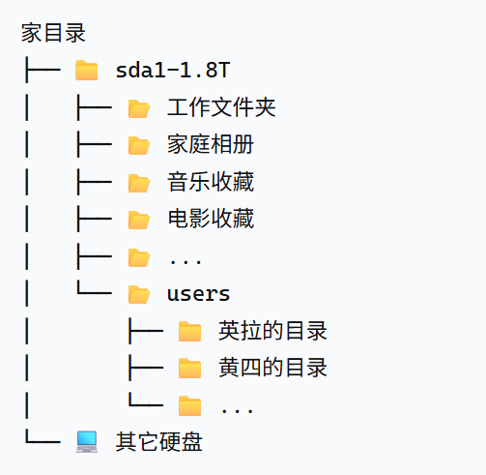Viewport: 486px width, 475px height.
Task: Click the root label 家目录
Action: coord(54,34)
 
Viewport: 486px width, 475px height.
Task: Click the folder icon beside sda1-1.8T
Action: coord(87,71)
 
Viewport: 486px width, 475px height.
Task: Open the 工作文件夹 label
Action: coord(221,107)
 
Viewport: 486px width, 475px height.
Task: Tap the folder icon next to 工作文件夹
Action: coord(139,107)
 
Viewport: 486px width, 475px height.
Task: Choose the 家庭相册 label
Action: coord(211,145)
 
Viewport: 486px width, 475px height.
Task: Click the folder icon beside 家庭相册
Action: coord(139,145)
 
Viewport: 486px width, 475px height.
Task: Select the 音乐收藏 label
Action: coord(211,182)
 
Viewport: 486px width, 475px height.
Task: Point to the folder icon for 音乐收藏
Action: coord(139,182)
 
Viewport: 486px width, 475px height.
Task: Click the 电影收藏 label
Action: coord(211,219)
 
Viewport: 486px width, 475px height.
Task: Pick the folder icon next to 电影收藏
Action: coord(139,220)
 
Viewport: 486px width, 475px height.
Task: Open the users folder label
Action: coord(198,293)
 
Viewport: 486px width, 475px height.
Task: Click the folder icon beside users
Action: coord(139,294)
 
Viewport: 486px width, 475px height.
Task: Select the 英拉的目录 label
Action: coord(273,331)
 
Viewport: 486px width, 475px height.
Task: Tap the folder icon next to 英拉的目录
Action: coord(190,332)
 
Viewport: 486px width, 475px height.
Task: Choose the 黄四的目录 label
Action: coord(273,368)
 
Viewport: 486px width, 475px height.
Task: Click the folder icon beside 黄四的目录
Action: coord(190,369)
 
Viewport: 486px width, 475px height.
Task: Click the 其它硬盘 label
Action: coord(159,442)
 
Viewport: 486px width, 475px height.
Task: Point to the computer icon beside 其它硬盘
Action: coord(87,442)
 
